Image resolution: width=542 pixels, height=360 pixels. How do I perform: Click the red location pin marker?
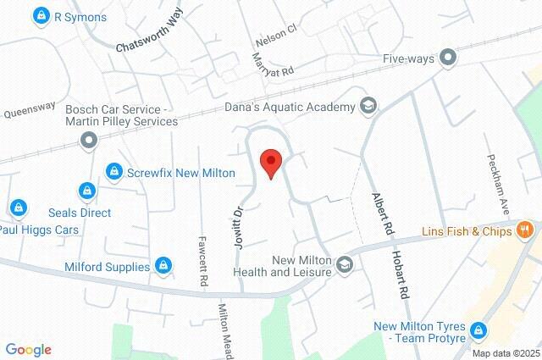tap(270, 162)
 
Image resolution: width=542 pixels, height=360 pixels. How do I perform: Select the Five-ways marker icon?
tap(449, 58)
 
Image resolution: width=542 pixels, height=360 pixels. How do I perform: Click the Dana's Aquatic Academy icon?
tap(368, 105)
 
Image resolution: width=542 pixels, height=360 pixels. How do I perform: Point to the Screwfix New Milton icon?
tap(113, 172)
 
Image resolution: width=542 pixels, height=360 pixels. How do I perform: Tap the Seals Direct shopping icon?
tap(86, 191)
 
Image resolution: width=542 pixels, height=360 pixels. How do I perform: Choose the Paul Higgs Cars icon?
tap(18, 207)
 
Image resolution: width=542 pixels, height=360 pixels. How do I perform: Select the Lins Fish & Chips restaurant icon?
tap(526, 230)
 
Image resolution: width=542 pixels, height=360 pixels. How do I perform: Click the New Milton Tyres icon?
tap(479, 329)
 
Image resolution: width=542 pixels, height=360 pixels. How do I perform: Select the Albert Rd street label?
tap(384, 213)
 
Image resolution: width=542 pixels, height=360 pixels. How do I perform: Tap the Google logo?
tap(28, 350)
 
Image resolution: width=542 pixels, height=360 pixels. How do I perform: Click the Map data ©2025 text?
tap(506, 353)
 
